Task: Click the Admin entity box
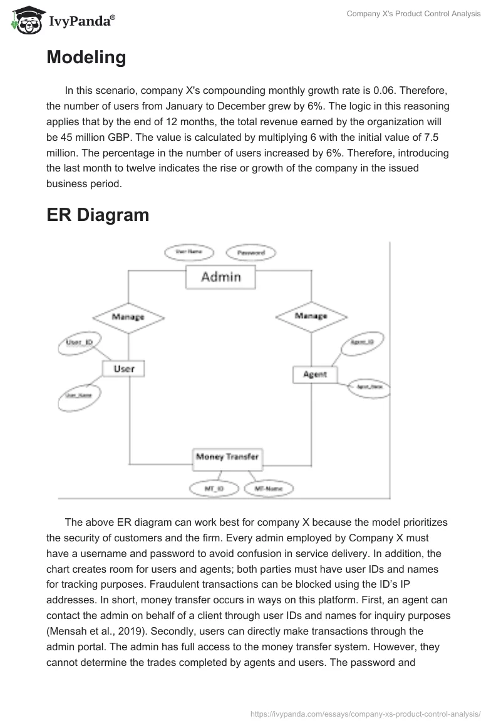220,277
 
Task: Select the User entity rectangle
123,369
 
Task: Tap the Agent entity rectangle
314,374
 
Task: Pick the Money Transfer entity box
227,457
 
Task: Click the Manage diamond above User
128,317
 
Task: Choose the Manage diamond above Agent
311,315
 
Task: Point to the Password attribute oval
250,253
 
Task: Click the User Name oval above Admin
189,252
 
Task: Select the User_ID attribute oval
80,342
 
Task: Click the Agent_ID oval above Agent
362,342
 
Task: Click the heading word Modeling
86,58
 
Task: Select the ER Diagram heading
98,215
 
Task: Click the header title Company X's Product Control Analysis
414,14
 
